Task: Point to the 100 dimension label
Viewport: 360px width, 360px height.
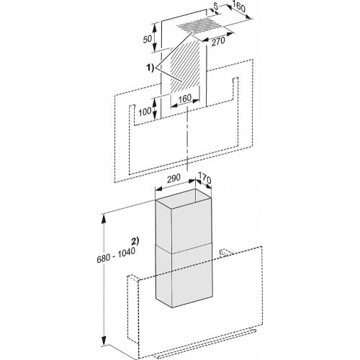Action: pyautogui.click(x=146, y=112)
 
